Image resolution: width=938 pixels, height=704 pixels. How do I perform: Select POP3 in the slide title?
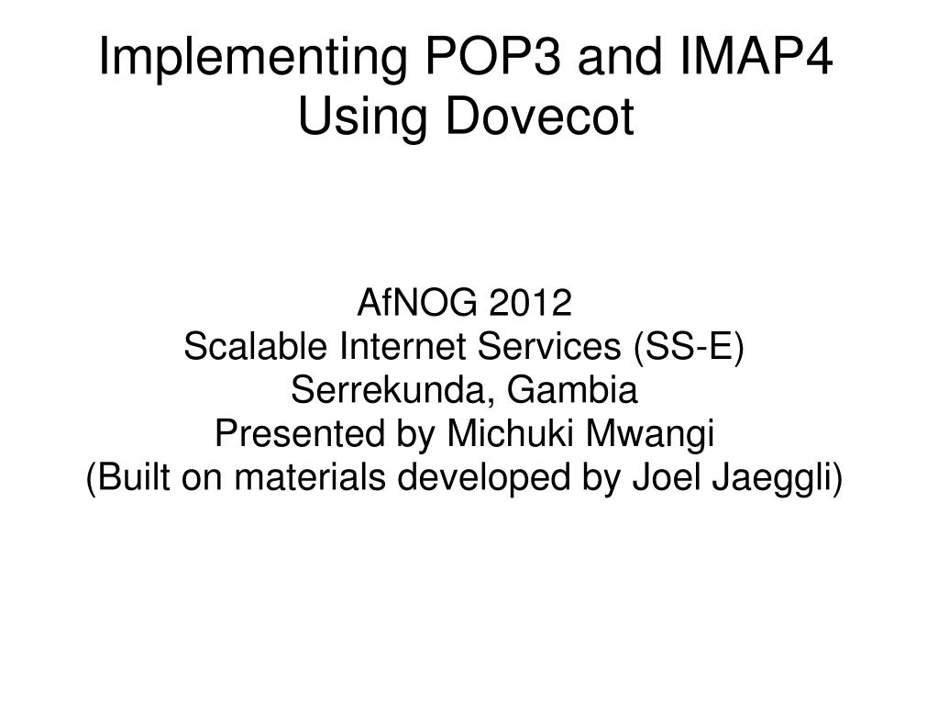click(x=493, y=56)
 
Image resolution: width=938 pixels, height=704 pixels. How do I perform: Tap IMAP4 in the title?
click(x=756, y=56)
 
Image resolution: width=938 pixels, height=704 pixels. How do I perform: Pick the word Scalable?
click(x=256, y=346)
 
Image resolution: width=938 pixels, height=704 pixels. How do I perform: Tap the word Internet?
click(x=403, y=346)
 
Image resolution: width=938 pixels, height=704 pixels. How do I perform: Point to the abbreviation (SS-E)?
click(x=689, y=347)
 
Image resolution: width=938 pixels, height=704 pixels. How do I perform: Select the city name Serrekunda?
click(x=393, y=391)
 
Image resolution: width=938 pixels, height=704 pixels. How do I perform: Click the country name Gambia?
click(x=572, y=390)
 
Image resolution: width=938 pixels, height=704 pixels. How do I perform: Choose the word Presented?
click(x=300, y=433)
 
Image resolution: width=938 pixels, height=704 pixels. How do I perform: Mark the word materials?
click(x=310, y=477)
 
